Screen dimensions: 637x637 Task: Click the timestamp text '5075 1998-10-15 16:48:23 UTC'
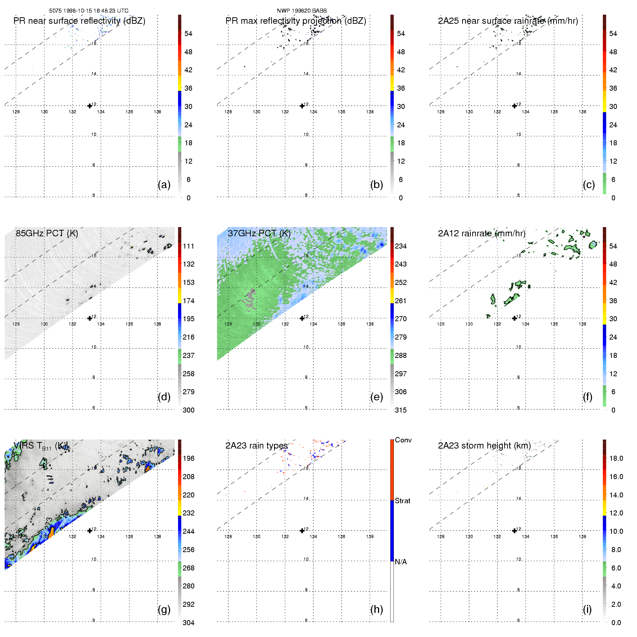[88, 11]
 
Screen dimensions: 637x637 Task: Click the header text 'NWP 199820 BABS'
[301, 11]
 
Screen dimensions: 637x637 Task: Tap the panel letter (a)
[164, 185]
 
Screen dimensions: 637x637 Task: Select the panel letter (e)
[376, 397]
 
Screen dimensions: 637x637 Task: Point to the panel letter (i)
[587, 609]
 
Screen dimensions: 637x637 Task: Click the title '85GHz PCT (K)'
[47, 233]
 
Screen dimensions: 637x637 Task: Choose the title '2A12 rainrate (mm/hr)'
[481, 233]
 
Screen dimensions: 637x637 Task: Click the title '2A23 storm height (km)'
[484, 446]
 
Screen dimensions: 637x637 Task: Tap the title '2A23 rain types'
[256, 446]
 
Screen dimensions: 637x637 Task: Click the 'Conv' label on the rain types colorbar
[403, 440]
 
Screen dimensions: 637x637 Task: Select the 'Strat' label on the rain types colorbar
[402, 501]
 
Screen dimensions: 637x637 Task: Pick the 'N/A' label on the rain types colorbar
[401, 562]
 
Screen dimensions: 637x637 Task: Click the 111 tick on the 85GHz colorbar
[188, 246]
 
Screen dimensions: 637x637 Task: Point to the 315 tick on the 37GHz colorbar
[401, 410]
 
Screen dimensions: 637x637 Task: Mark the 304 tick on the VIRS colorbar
[188, 623]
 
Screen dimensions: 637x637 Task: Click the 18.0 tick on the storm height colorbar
[616, 458]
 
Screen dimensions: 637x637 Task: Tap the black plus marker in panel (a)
[90, 106]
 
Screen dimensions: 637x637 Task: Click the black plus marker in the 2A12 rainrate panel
[514, 318]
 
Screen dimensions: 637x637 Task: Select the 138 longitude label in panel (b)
[370, 112]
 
